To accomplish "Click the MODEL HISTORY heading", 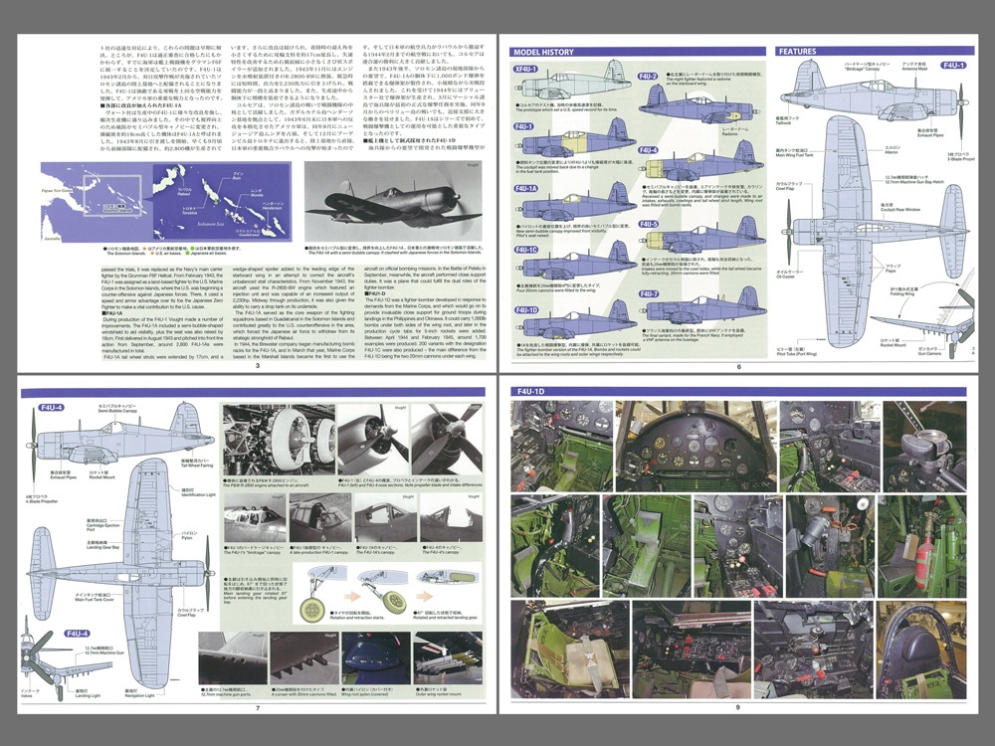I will point(542,51).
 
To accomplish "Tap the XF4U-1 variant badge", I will point(525,70).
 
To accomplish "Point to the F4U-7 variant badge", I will point(649,294).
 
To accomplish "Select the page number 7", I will point(256,708).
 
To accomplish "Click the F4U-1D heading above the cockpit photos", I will point(533,392).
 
